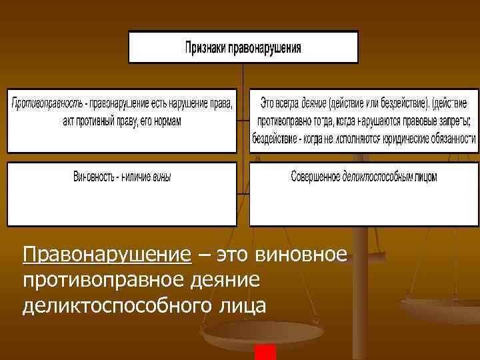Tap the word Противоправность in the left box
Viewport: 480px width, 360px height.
click(46, 104)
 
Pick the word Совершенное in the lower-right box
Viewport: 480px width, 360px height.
click(316, 177)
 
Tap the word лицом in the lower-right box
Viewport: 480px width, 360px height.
click(426, 177)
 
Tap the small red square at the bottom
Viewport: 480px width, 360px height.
click(265, 353)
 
